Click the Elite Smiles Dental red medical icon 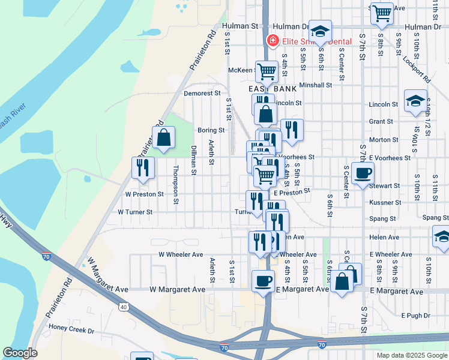pos(273,41)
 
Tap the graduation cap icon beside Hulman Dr pos(321,32)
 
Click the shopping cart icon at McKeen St pos(267,71)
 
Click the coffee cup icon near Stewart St pos(363,174)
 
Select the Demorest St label pos(202,94)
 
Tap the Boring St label pos(211,130)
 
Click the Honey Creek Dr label pos(72,331)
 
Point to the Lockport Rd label pos(418,70)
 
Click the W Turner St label pos(135,212)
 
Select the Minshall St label pos(316,85)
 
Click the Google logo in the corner pos(20,353)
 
